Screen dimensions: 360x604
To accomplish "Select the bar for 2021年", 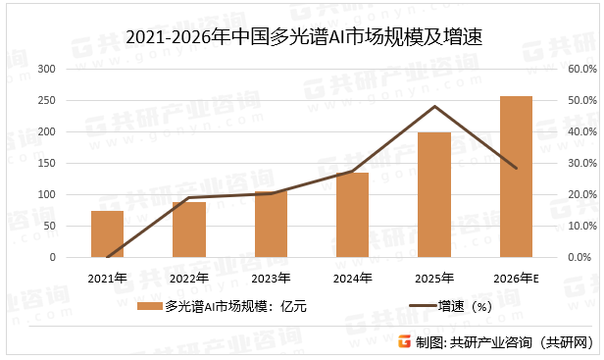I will coord(107,234).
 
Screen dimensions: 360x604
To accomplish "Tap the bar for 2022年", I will coord(189,230).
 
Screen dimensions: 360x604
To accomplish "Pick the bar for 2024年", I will coord(352,215).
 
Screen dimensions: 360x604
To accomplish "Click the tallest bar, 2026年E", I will coord(516,177).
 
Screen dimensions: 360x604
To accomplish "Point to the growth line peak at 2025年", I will coord(434,106).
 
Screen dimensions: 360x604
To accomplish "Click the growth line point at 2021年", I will coord(107,257).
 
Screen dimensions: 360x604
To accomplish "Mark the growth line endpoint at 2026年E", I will coord(516,168).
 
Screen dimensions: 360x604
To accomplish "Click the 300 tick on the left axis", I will coord(46,69).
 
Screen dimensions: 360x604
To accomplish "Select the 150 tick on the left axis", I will coord(46,163).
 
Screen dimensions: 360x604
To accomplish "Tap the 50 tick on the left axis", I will coord(49,226).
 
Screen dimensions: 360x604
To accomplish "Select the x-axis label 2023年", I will coord(271,278).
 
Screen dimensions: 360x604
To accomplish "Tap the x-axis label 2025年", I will coord(434,278).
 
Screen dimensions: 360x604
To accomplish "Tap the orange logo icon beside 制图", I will coord(402,342).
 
